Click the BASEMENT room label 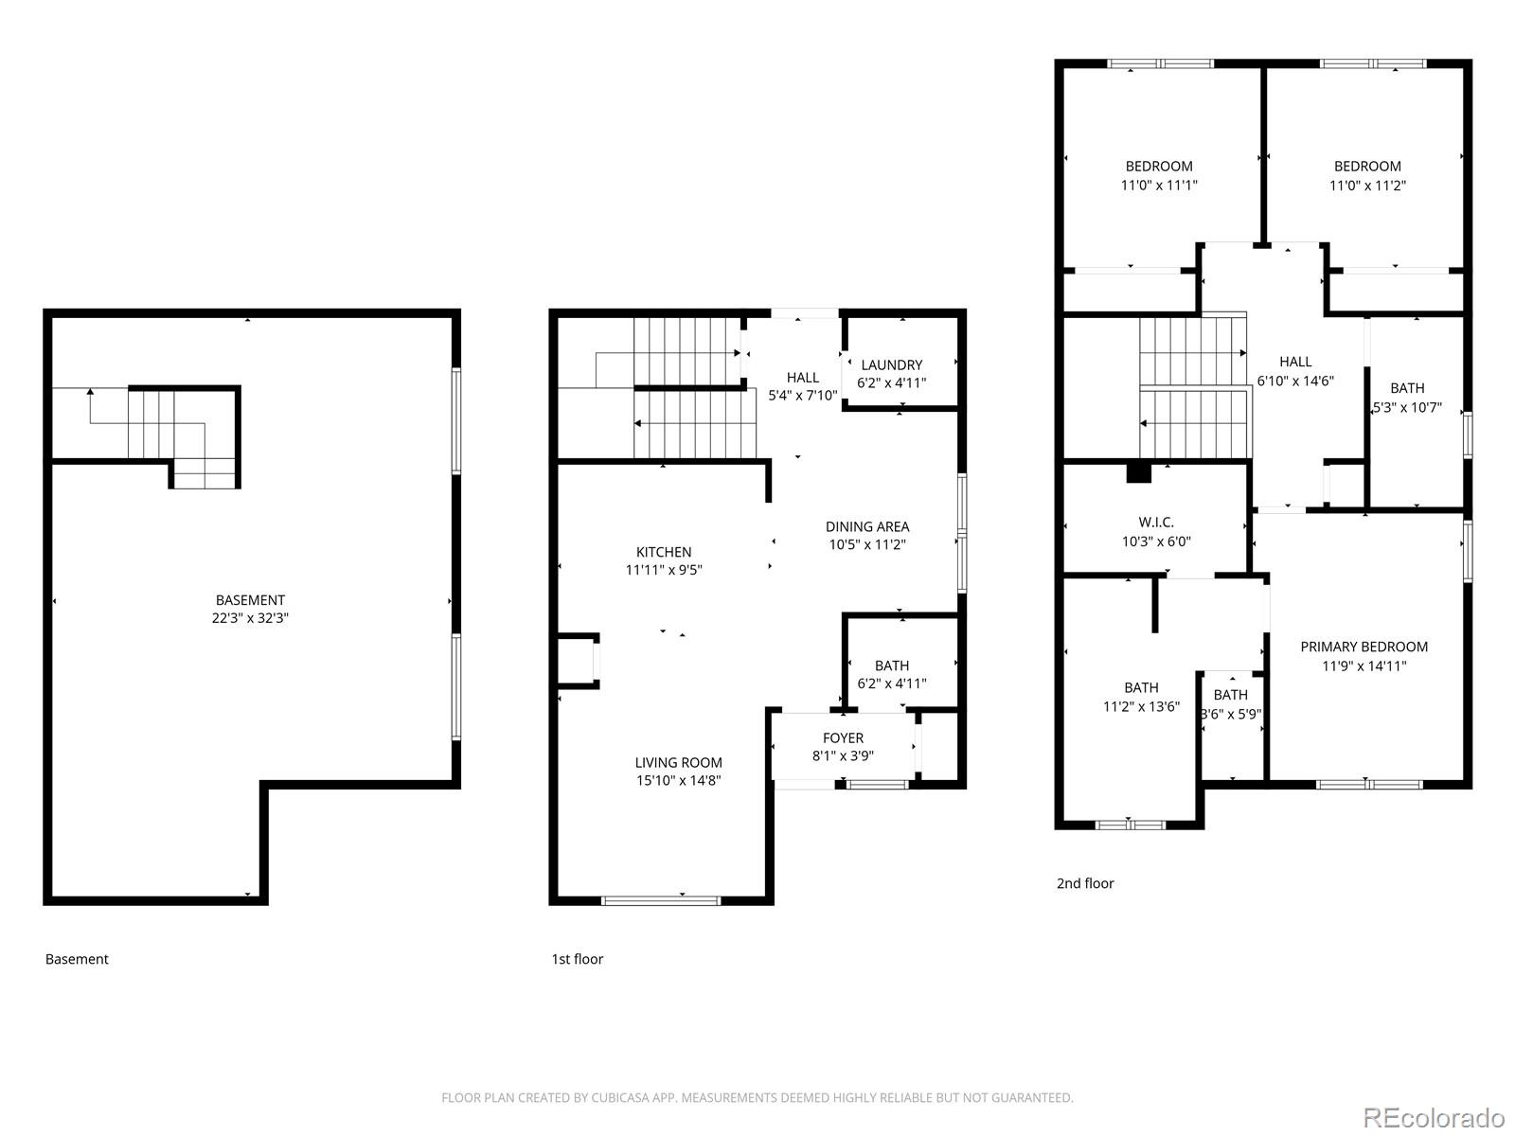click(x=250, y=600)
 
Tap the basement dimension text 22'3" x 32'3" click(x=250, y=618)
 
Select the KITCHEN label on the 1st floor click(x=663, y=552)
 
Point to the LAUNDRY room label click(x=891, y=364)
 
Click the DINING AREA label click(x=866, y=526)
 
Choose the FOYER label click(x=843, y=737)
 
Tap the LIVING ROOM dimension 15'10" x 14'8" click(x=678, y=781)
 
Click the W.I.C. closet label click(x=1155, y=523)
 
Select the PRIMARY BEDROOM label click(x=1363, y=647)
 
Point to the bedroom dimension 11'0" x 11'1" click(x=1158, y=186)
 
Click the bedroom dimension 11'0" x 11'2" click(x=1367, y=186)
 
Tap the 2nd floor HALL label click(x=1295, y=362)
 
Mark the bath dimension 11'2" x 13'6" click(x=1141, y=706)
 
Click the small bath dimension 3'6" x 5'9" click(x=1231, y=715)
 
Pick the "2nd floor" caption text click(x=1085, y=883)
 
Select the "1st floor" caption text click(x=577, y=959)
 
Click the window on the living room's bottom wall click(x=661, y=900)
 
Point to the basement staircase click(x=180, y=435)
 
